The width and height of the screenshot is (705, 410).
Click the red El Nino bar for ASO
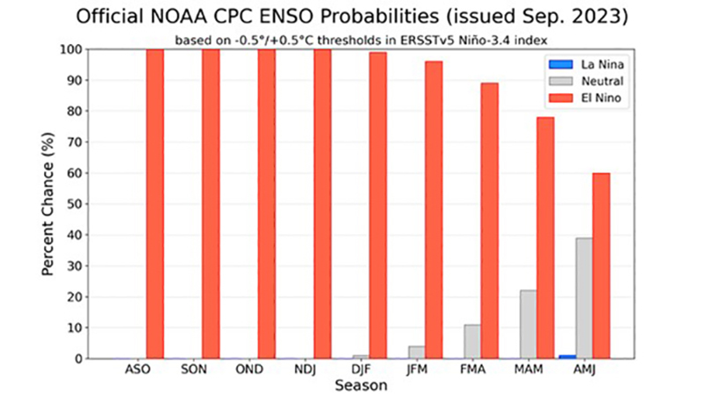pyautogui.click(x=155, y=203)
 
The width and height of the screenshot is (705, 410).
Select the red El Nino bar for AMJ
pyautogui.click(x=601, y=266)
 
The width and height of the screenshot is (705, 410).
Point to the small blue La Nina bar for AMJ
pyautogui.click(x=567, y=356)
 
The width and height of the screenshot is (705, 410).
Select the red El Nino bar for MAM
pyautogui.click(x=545, y=238)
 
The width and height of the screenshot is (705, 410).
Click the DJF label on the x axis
pyautogui.click(x=360, y=370)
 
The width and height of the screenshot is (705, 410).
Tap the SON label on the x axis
pyautogui.click(x=193, y=370)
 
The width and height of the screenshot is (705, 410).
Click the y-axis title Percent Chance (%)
pyautogui.click(x=51, y=204)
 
